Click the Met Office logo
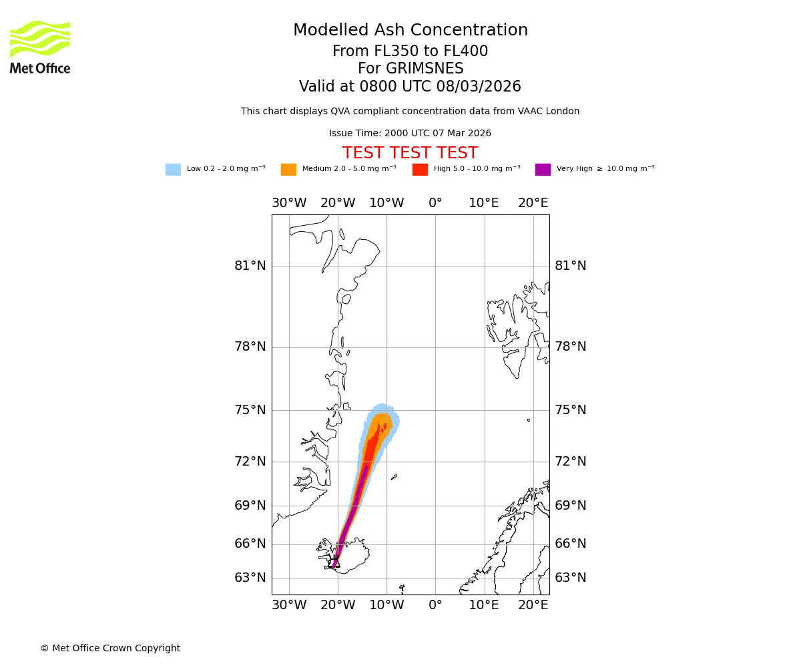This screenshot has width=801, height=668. [40, 47]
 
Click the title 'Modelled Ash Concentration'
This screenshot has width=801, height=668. [411, 31]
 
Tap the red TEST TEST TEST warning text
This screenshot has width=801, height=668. [410, 154]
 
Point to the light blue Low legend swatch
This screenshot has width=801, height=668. [173, 170]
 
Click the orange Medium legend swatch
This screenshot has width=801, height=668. [288, 170]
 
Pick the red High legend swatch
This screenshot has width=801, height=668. [420, 170]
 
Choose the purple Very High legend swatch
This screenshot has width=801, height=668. [543, 170]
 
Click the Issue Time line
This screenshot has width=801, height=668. [410, 134]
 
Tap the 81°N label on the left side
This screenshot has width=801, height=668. [250, 266]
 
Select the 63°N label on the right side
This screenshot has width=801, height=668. [571, 578]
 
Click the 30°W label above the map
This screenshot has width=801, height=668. [289, 203]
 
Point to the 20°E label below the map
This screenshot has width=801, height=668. [533, 605]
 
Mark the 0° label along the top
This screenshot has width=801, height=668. [435, 203]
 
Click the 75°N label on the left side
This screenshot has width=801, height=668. [250, 410]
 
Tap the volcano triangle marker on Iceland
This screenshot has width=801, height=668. [336, 562]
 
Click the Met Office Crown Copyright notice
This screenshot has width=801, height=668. [110, 649]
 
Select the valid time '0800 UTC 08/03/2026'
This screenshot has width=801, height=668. [441, 87]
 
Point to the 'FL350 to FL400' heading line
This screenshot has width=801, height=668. [410, 51]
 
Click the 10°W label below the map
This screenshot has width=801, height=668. [386, 605]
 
